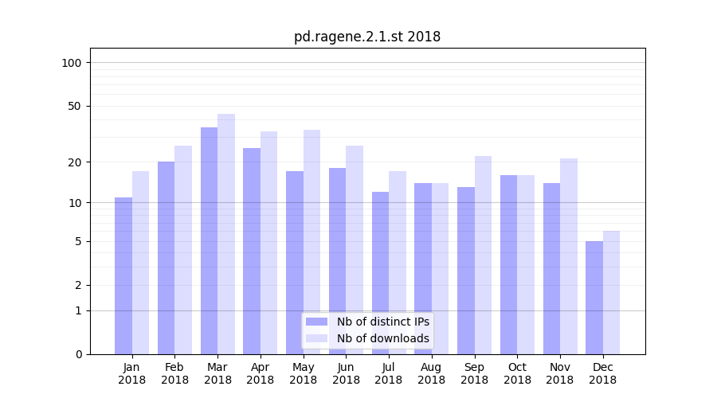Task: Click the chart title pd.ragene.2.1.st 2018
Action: tap(366, 37)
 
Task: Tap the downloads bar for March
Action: tap(226, 234)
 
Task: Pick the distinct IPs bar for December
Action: tap(594, 298)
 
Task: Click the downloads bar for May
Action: tap(311, 242)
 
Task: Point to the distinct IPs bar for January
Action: tap(123, 275)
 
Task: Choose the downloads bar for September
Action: tap(483, 255)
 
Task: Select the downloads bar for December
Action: tap(611, 292)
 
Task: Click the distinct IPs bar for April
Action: tap(252, 251)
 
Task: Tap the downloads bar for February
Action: tap(183, 250)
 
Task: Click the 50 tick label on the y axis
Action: tap(75, 106)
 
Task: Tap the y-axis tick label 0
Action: tap(78, 354)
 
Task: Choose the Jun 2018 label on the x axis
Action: tap(346, 373)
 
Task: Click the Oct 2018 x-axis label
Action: tap(517, 373)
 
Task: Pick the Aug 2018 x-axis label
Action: tap(432, 373)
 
